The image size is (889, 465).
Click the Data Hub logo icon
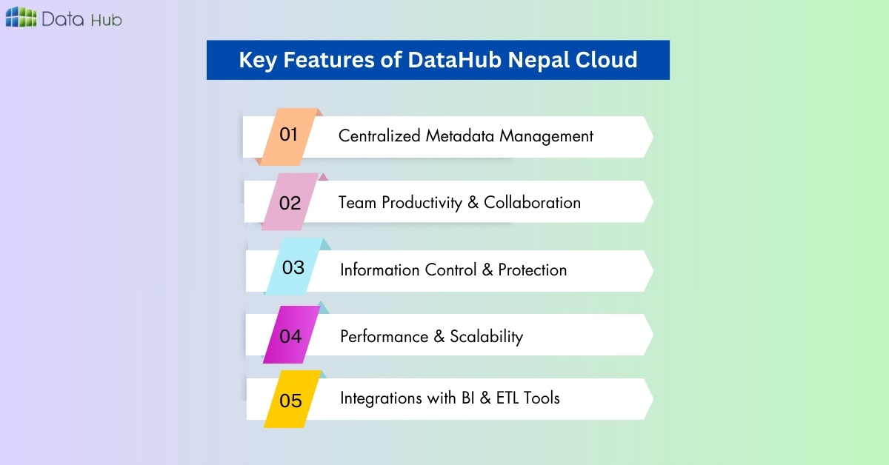(x=20, y=18)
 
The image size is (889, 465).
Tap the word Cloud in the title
(x=607, y=60)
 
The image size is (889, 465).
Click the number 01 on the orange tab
(x=288, y=135)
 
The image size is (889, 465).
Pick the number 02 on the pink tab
(x=290, y=203)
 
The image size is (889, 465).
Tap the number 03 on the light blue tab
(x=293, y=268)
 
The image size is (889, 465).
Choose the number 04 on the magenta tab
(x=290, y=336)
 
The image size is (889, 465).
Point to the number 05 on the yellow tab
(x=291, y=401)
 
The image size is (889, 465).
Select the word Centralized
(x=380, y=136)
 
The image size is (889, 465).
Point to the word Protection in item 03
(x=532, y=270)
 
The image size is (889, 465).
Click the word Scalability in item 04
(x=485, y=337)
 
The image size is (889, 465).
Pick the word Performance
(x=382, y=337)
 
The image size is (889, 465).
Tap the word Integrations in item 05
(x=379, y=398)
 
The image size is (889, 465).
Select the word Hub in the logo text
(x=107, y=19)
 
